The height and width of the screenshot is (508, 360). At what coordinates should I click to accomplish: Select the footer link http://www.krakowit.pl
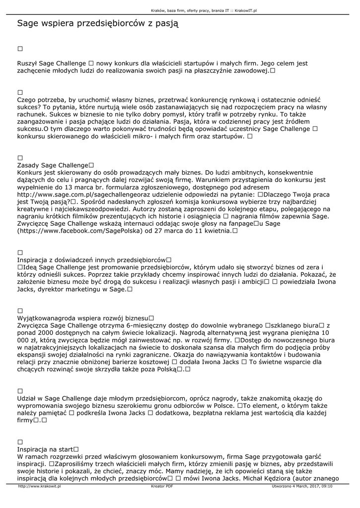[x=39, y=486]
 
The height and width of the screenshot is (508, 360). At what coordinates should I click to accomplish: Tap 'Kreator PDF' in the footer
[x=162, y=486]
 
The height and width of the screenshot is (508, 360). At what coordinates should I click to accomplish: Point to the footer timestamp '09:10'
[x=326, y=486]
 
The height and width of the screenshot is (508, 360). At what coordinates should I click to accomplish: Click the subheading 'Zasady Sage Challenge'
[x=52, y=165]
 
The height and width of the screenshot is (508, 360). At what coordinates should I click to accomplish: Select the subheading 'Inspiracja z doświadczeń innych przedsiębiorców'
[x=91, y=259]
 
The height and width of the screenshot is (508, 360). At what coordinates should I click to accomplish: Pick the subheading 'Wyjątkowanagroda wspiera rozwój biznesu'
[x=83, y=317]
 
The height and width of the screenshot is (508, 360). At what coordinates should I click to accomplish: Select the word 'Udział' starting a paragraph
[x=27, y=398]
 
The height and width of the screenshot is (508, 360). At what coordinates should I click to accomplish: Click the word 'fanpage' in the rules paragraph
[x=239, y=224]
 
